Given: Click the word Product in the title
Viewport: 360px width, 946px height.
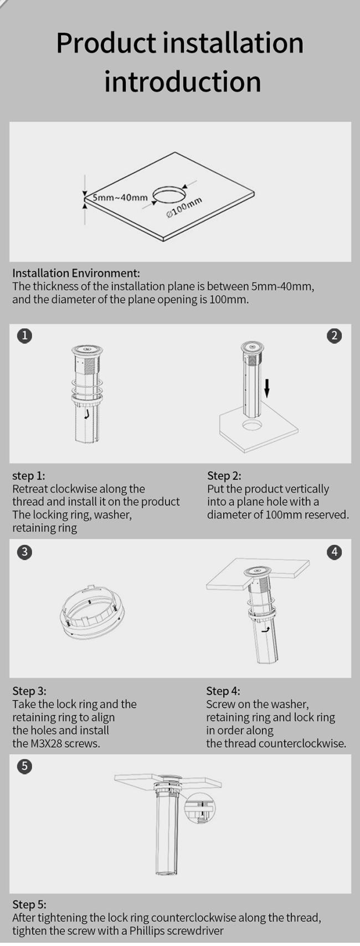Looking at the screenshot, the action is [x=106, y=44].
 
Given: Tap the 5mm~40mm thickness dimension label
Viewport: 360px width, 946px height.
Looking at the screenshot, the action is [x=120, y=197].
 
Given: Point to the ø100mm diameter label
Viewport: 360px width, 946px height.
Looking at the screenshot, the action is [x=184, y=207].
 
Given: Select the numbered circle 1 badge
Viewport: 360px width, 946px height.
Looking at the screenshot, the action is [x=25, y=336].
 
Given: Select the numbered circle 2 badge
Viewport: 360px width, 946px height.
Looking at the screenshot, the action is [x=335, y=336].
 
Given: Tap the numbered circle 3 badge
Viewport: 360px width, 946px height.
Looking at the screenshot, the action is [x=25, y=552].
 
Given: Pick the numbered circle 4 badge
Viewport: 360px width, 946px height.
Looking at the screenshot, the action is [x=335, y=552].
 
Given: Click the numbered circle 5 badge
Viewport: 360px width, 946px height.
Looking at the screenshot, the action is [x=25, y=767].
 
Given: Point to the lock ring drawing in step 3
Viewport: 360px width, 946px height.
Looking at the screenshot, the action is [x=93, y=611].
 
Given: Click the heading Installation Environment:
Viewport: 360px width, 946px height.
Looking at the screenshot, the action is [x=76, y=273].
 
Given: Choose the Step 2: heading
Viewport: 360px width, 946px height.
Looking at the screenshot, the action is [x=224, y=476].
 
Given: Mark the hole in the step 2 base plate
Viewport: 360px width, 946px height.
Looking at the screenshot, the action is [x=253, y=424].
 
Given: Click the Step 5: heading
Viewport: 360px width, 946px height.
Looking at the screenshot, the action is [x=29, y=904].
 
